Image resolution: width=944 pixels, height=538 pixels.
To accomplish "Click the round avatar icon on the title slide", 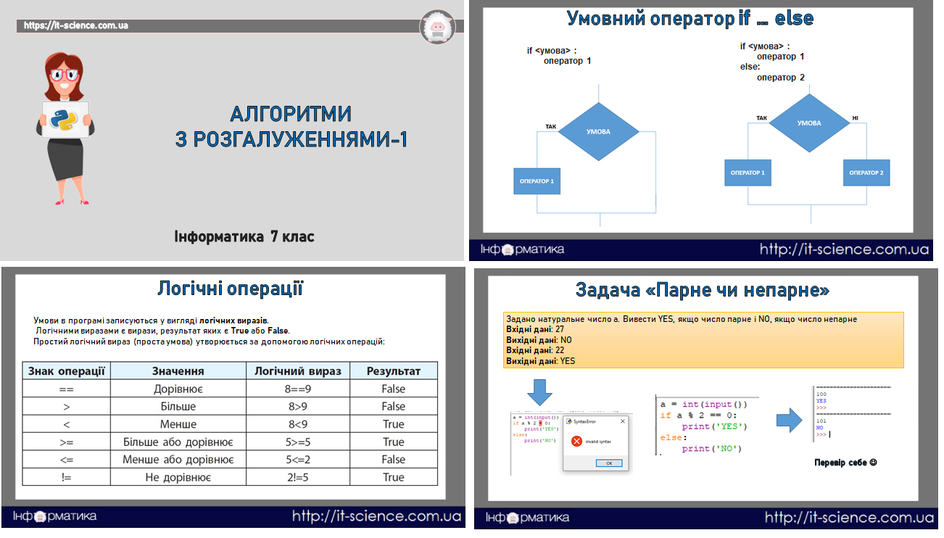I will pyautogui.click(x=437, y=27).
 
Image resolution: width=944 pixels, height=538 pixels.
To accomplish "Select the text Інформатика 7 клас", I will pyautogui.click(x=244, y=236).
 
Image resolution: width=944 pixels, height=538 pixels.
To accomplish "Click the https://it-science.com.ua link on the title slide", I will pyautogui.click(x=76, y=25).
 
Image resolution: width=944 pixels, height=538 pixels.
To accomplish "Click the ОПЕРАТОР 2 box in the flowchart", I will pyautogui.click(x=866, y=173).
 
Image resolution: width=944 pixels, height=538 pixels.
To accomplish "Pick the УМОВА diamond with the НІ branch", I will pyautogui.click(x=808, y=123).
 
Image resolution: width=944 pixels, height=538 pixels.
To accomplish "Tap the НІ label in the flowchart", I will pyautogui.click(x=855, y=117).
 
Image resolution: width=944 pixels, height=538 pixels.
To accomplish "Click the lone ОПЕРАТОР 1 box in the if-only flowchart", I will pyautogui.click(x=537, y=181).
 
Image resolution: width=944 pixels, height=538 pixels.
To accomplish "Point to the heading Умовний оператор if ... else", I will pyautogui.click(x=690, y=18).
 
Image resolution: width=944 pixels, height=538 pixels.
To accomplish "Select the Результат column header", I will pyautogui.click(x=393, y=371).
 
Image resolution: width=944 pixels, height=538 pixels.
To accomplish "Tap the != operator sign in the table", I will pyautogui.click(x=66, y=477).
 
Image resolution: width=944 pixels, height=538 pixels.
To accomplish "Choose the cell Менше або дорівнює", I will pyautogui.click(x=178, y=460).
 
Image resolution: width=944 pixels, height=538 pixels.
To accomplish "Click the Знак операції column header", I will pyautogui.click(x=66, y=371).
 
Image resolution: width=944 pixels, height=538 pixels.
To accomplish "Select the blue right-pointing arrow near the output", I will pyautogui.click(x=787, y=419).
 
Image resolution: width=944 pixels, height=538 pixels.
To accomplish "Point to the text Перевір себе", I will pyautogui.click(x=845, y=462).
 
